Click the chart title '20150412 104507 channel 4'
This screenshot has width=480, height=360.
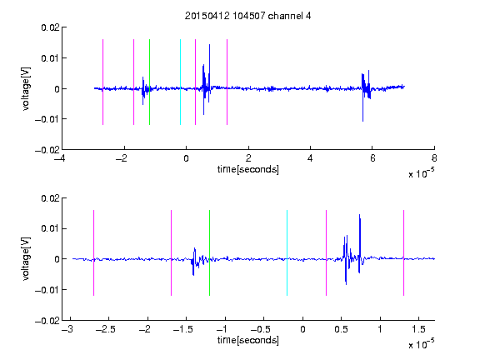pos(248,16)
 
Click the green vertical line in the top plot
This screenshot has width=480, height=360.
pos(149,82)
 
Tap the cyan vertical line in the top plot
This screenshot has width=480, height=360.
pos(180,82)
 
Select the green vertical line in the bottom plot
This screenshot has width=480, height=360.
pos(209,252)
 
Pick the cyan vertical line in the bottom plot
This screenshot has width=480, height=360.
pos(287,252)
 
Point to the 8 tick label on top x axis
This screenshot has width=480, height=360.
pos(434,158)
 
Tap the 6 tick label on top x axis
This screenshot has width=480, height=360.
pos(372,158)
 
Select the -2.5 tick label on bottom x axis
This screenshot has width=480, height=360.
pos(105,329)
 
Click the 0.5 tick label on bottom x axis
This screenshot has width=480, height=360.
pos(341,329)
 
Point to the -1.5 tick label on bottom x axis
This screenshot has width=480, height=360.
pos(182,329)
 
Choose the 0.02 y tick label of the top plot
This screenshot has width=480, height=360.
pos(50,27)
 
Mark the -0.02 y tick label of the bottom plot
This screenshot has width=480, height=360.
pos(47,321)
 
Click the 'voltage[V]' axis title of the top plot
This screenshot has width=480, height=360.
pos(26,89)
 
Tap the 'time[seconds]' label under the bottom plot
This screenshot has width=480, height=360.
pos(248,340)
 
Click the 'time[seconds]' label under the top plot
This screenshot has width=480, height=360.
pos(248,169)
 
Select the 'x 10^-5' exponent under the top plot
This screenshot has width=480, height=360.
pos(421,173)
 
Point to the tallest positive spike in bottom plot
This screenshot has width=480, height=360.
pos(360,214)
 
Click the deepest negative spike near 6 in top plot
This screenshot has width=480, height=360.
pos(362,121)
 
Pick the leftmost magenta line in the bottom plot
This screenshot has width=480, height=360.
pos(93,252)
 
